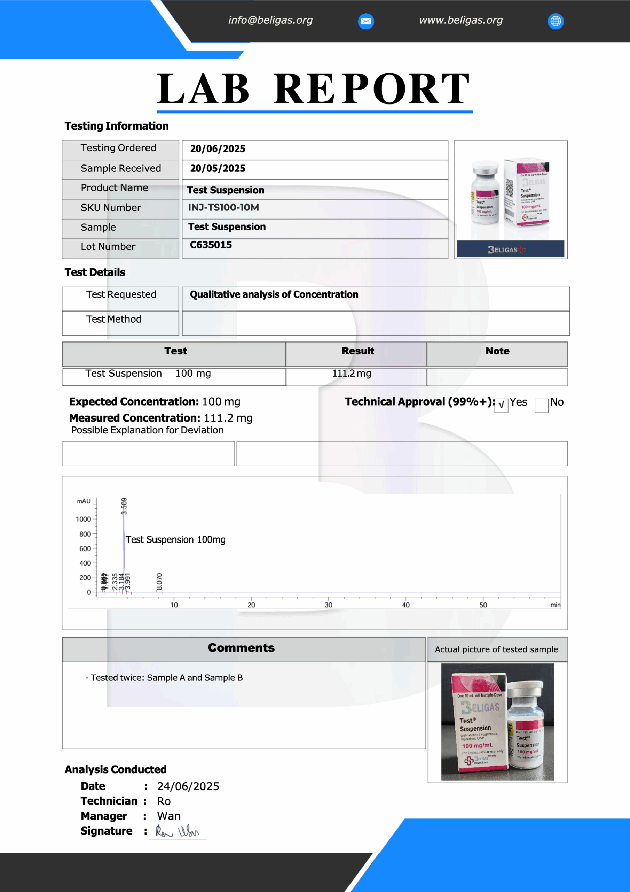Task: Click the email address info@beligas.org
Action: click(270, 20)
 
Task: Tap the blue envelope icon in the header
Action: click(366, 21)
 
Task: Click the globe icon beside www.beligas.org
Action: click(556, 21)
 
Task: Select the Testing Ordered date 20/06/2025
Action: click(218, 149)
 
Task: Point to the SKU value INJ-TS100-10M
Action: click(223, 207)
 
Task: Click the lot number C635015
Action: click(211, 245)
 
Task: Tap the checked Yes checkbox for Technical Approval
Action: click(501, 405)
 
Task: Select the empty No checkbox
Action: click(541, 405)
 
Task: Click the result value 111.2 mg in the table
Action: click(352, 373)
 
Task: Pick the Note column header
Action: click(497, 351)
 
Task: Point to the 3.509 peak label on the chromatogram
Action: click(124, 506)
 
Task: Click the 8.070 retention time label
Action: click(159, 581)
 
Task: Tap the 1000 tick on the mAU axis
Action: click(83, 520)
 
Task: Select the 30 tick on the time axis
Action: click(328, 605)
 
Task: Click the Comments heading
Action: click(241, 648)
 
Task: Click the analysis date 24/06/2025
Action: click(188, 786)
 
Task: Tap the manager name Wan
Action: click(169, 816)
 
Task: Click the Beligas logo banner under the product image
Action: click(511, 249)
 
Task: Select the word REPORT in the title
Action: click(371, 89)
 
